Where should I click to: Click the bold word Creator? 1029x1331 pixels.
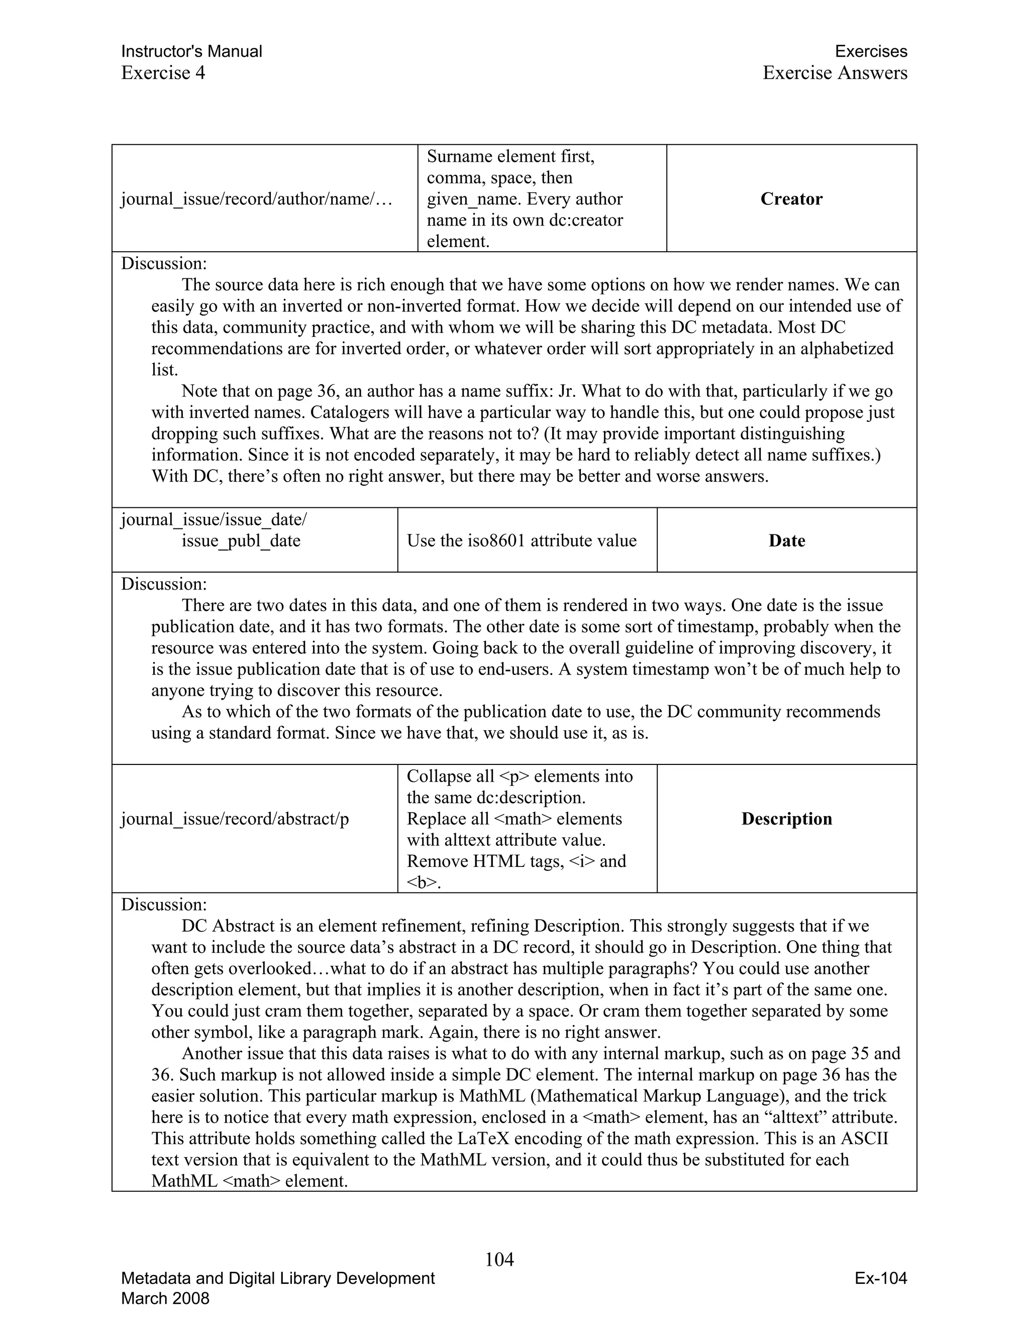791,199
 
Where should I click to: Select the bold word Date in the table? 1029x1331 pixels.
786,540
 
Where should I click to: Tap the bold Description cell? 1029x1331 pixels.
786,819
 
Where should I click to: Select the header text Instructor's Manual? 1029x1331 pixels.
191,51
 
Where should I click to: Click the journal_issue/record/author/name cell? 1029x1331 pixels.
256,199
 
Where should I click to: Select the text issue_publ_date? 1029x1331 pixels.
241,540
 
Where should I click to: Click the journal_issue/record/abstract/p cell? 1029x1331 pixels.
235,819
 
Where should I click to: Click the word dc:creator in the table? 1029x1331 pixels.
586,219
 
